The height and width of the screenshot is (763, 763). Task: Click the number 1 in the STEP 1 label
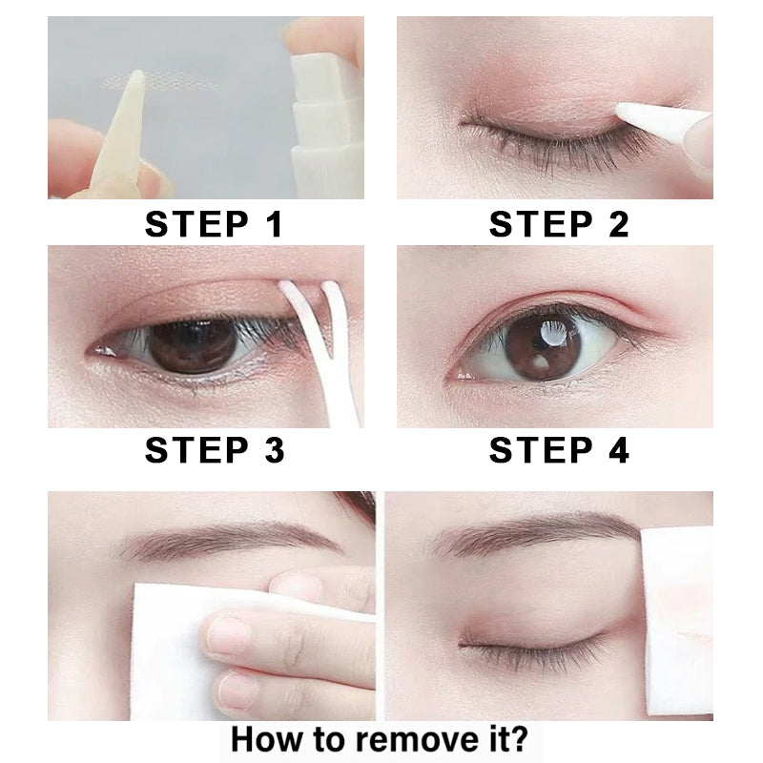coord(276,224)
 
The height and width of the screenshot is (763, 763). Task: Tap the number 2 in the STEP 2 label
coord(619,224)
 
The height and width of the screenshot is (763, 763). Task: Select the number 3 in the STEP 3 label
coord(275,449)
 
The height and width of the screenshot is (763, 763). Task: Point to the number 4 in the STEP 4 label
coord(619,449)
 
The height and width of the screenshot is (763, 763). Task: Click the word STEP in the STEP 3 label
coord(196,449)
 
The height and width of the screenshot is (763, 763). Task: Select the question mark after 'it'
coord(518,738)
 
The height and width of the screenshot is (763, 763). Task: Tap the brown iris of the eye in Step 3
coord(193,346)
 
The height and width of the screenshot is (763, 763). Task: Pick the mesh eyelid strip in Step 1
coord(159,81)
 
